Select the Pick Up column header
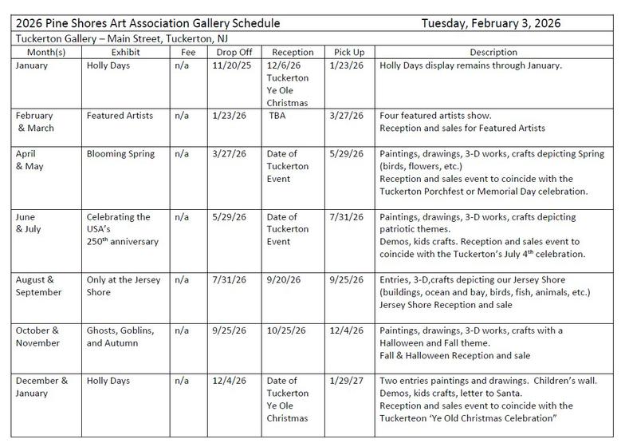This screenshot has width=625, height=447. (348, 52)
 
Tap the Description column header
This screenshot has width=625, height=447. (493, 52)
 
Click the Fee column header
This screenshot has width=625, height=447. (188, 52)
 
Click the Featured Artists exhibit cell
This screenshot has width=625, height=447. (120, 115)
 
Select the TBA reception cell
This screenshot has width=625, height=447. (277, 115)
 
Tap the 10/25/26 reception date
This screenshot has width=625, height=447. (285, 330)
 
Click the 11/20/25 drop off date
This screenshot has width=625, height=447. (233, 65)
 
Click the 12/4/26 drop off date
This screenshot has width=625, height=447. (230, 381)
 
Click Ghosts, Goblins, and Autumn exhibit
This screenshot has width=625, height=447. (120, 336)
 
